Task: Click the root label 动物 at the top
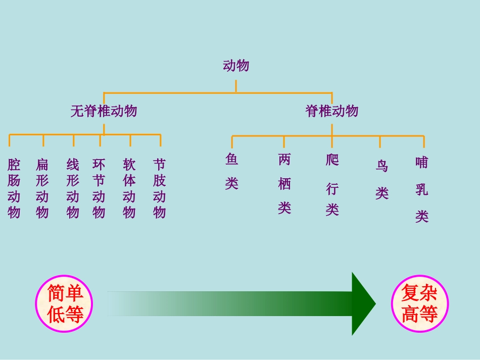point(236,66)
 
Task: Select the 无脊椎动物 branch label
point(104,111)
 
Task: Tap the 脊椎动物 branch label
point(332,111)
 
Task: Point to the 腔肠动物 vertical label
point(14,188)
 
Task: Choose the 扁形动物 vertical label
point(42,188)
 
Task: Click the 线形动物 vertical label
point(73,188)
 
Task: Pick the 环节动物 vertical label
point(99,188)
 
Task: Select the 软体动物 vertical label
point(129,188)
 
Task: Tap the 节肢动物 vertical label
point(160,188)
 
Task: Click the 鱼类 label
point(232,172)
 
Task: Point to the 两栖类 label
point(284,184)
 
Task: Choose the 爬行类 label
point(332,185)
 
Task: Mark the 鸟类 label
point(382,179)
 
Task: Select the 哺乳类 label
point(422,189)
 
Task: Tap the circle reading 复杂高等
point(420,304)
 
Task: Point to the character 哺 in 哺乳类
point(422,163)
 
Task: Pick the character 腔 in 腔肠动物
point(14,165)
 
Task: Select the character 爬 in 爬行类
point(332,161)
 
